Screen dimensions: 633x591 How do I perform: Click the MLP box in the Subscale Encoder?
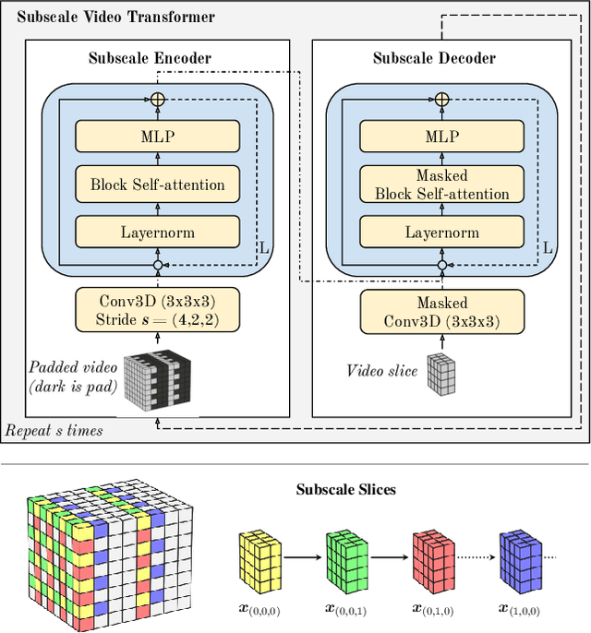pos(157,137)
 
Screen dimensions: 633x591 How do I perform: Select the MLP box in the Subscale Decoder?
pos(441,137)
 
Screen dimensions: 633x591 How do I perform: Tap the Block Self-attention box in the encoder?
pos(157,185)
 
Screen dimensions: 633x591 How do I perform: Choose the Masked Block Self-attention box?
pos(441,185)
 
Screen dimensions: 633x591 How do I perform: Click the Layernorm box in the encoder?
pos(157,233)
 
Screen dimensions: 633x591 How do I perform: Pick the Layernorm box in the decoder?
pos(441,233)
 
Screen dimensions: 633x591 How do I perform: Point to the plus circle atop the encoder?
pos(157,98)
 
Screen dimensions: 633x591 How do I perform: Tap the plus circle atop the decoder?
pos(441,98)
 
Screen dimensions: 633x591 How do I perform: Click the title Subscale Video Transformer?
pos(116,17)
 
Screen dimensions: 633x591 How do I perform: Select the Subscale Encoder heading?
pos(150,58)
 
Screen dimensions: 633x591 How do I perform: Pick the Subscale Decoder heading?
pos(434,58)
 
